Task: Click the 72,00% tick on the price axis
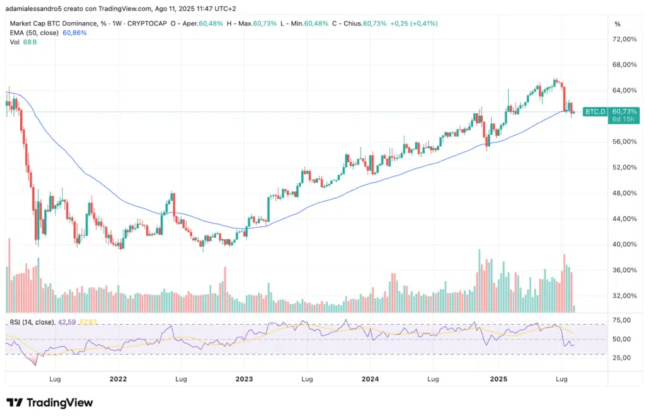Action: tap(625, 39)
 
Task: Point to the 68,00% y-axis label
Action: tap(625, 65)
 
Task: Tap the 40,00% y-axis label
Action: tap(625, 244)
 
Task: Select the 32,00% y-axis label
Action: tap(625, 296)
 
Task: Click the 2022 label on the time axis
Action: tap(118, 379)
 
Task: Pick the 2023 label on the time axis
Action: tap(244, 379)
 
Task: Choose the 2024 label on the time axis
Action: tap(370, 379)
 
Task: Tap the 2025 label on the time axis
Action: tap(497, 379)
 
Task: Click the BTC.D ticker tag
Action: tap(595, 111)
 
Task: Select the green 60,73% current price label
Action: tap(625, 111)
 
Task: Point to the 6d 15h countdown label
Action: tap(624, 120)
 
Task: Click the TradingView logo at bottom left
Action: tap(50, 403)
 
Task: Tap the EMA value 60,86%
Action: tap(75, 32)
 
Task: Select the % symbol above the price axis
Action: tap(617, 23)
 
